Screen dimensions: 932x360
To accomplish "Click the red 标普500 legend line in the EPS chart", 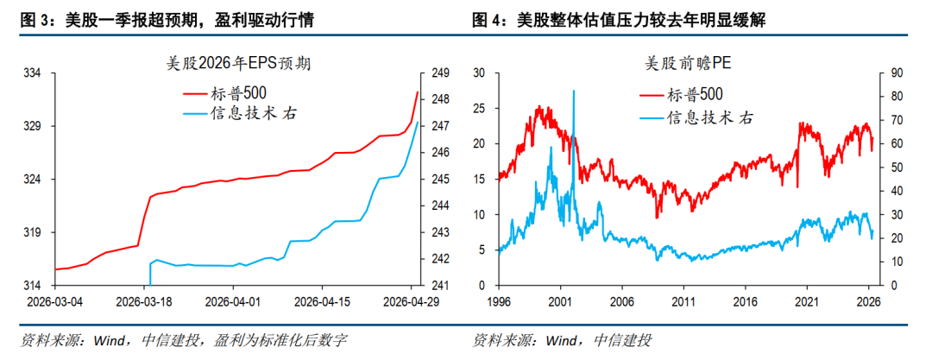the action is (195, 93).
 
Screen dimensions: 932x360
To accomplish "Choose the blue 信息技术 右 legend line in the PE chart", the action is (652, 118).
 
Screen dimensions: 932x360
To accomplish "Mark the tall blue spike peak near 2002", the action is (574, 91).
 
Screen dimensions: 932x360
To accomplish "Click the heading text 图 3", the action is (34, 22).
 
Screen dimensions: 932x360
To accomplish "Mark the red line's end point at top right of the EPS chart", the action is (418, 92).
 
